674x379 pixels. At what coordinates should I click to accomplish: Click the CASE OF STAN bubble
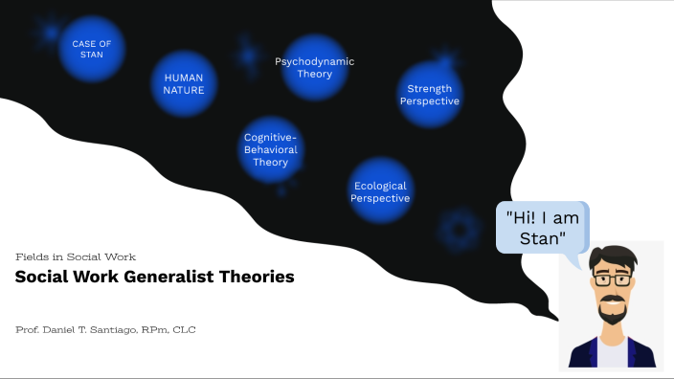pyautogui.click(x=92, y=49)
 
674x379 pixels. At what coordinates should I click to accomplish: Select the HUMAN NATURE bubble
pyautogui.click(x=184, y=83)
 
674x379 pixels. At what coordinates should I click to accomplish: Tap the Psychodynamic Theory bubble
pyautogui.click(x=315, y=67)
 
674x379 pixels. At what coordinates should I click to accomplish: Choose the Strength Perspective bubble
pyautogui.click(x=430, y=95)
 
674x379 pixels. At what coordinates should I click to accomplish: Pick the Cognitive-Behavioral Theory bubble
pyautogui.click(x=271, y=149)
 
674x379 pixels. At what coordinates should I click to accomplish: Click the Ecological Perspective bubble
pyautogui.click(x=380, y=191)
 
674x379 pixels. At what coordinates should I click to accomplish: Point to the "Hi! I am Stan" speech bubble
pyautogui.click(x=542, y=227)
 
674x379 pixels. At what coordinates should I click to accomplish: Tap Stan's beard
pyautogui.click(x=611, y=311)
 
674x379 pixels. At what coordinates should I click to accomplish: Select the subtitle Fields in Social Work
pyautogui.click(x=76, y=256)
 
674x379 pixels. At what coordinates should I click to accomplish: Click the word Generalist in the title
pyautogui.click(x=168, y=278)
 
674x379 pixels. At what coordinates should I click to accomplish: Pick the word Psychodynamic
pyautogui.click(x=315, y=61)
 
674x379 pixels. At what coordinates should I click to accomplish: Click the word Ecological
pyautogui.click(x=380, y=186)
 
